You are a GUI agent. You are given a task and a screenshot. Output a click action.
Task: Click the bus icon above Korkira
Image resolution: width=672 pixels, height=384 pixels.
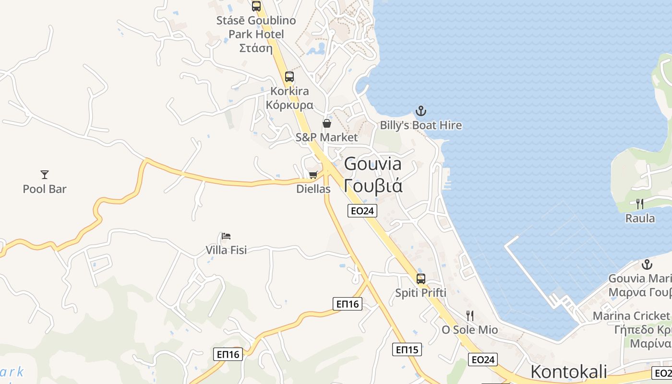pos(289,76)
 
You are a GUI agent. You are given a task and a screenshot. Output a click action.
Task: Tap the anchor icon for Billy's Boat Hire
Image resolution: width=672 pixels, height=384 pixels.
pos(420,111)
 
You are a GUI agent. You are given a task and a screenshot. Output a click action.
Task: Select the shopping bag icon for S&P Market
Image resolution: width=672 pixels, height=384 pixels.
pos(326,123)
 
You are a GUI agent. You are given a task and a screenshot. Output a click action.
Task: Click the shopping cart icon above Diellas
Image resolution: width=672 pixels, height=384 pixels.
pos(313,175)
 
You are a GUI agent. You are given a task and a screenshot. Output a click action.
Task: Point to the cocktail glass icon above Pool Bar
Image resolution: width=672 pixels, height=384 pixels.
pos(45,175)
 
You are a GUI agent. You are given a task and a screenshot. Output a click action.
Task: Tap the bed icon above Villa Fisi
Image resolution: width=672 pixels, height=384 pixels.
pos(226,236)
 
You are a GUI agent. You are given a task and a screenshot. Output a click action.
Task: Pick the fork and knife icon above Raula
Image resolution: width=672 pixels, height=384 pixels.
pos(639,204)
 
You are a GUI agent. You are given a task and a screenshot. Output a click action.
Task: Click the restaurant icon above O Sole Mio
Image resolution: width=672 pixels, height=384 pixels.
pos(470,315)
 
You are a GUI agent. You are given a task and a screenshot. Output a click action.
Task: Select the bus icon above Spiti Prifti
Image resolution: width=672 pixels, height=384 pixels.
pos(420,278)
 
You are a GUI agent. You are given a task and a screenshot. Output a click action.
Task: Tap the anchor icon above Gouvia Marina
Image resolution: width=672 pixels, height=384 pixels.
pos(647,264)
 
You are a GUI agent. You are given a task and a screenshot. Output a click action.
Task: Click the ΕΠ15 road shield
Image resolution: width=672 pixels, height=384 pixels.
pos(407,349)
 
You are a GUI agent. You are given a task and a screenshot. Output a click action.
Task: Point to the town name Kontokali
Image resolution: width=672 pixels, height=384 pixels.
pos(568,372)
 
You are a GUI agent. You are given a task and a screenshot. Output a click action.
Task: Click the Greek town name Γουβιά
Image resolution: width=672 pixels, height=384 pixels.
pos(373,186)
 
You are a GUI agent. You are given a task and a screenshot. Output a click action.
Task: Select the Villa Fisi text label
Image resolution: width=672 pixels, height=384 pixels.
pos(226,250)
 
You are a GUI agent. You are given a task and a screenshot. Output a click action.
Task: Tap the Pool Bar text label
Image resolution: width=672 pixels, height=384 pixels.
pos(45,189)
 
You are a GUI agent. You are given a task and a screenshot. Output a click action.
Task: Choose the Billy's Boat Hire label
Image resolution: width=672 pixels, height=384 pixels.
pos(420,125)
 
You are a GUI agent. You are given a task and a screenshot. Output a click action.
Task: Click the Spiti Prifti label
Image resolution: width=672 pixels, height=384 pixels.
pos(420,293)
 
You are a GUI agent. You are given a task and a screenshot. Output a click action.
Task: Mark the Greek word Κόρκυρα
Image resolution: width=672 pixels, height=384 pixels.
pos(289,105)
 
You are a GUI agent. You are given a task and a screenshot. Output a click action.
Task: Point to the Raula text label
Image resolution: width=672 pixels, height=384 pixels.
pos(640,218)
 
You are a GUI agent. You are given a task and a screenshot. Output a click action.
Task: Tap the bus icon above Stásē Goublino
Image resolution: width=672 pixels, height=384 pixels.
pos(256,6)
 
